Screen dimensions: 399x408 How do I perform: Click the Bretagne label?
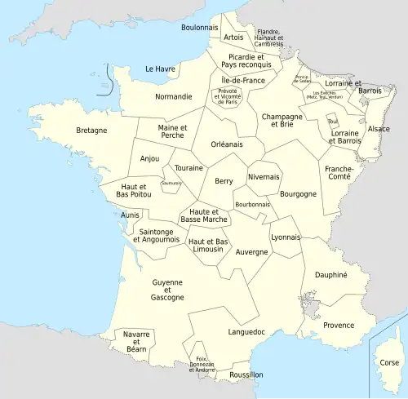click(91, 130)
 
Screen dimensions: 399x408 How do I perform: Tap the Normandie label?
click(174, 96)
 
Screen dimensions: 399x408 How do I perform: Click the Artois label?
click(233, 37)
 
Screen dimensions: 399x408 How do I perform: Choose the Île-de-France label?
click(243, 81)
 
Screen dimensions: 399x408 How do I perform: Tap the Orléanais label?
click(227, 144)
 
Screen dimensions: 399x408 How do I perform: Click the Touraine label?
click(188, 168)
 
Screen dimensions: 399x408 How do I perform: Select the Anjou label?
click(150, 158)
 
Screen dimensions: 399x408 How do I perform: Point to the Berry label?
click(224, 181)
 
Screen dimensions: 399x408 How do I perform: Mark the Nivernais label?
click(263, 177)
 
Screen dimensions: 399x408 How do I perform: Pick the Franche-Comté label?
click(339, 174)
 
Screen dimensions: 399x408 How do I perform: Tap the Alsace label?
click(379, 129)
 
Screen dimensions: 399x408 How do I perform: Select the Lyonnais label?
click(286, 237)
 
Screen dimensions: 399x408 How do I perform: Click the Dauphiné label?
click(331, 275)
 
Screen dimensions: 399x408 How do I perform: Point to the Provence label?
click(339, 325)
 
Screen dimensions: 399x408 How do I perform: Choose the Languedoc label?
click(247, 332)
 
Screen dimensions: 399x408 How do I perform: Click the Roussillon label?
click(246, 375)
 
